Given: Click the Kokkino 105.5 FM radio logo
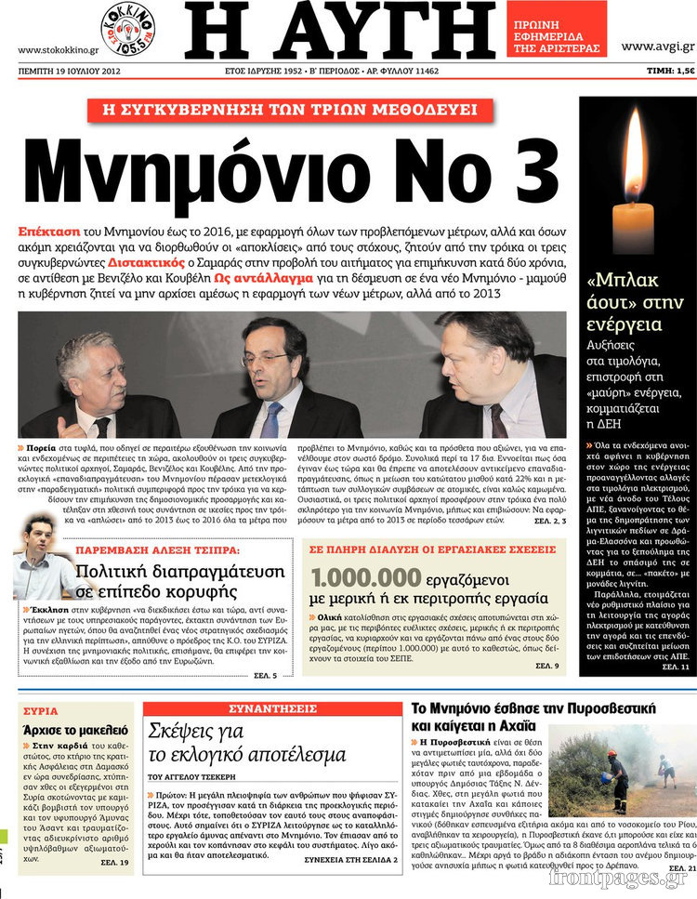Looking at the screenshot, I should pyautogui.click(x=127, y=27).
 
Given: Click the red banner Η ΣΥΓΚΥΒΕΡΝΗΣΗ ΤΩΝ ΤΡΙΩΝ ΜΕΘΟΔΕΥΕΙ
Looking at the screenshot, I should pyautogui.click(x=289, y=110).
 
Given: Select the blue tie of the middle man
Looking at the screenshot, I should pyautogui.click(x=270, y=418).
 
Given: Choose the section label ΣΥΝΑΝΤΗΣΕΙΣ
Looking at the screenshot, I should pyautogui.click(x=270, y=707).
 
